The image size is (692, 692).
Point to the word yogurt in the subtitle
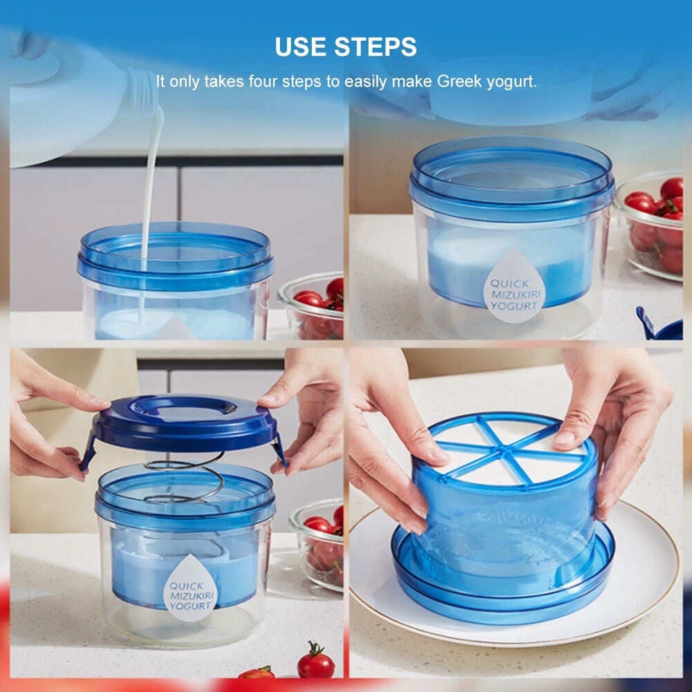point(512,82)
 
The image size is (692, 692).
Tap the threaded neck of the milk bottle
point(140,93)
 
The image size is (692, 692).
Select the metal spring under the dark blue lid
point(185,481)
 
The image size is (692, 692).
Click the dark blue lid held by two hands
point(185,422)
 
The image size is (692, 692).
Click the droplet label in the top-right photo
point(514,287)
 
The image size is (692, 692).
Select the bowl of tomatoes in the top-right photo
point(651,226)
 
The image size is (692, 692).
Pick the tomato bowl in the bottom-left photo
point(317,545)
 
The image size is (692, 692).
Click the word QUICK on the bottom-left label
point(186,586)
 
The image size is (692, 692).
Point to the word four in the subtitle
point(263,82)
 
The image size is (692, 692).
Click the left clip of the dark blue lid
point(88,451)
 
